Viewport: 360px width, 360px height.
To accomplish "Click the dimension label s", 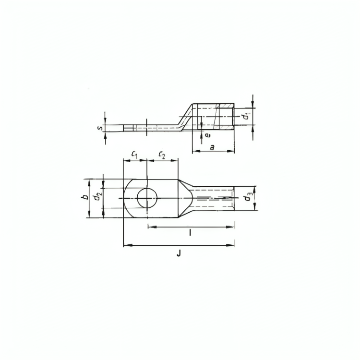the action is (100, 127).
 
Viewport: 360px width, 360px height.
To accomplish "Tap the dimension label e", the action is (207, 135).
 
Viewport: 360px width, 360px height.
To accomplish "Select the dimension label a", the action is (212, 147).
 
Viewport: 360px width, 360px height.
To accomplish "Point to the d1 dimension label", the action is (246, 116).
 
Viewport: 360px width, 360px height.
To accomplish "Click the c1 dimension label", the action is (134, 155).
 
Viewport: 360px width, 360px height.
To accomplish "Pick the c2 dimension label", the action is (162, 155).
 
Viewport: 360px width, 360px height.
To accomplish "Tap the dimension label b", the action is (85, 197).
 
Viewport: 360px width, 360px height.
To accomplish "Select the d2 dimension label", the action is (98, 196).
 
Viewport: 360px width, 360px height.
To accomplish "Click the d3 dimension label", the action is (248, 197).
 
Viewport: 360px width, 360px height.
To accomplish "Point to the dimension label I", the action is (190, 233).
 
